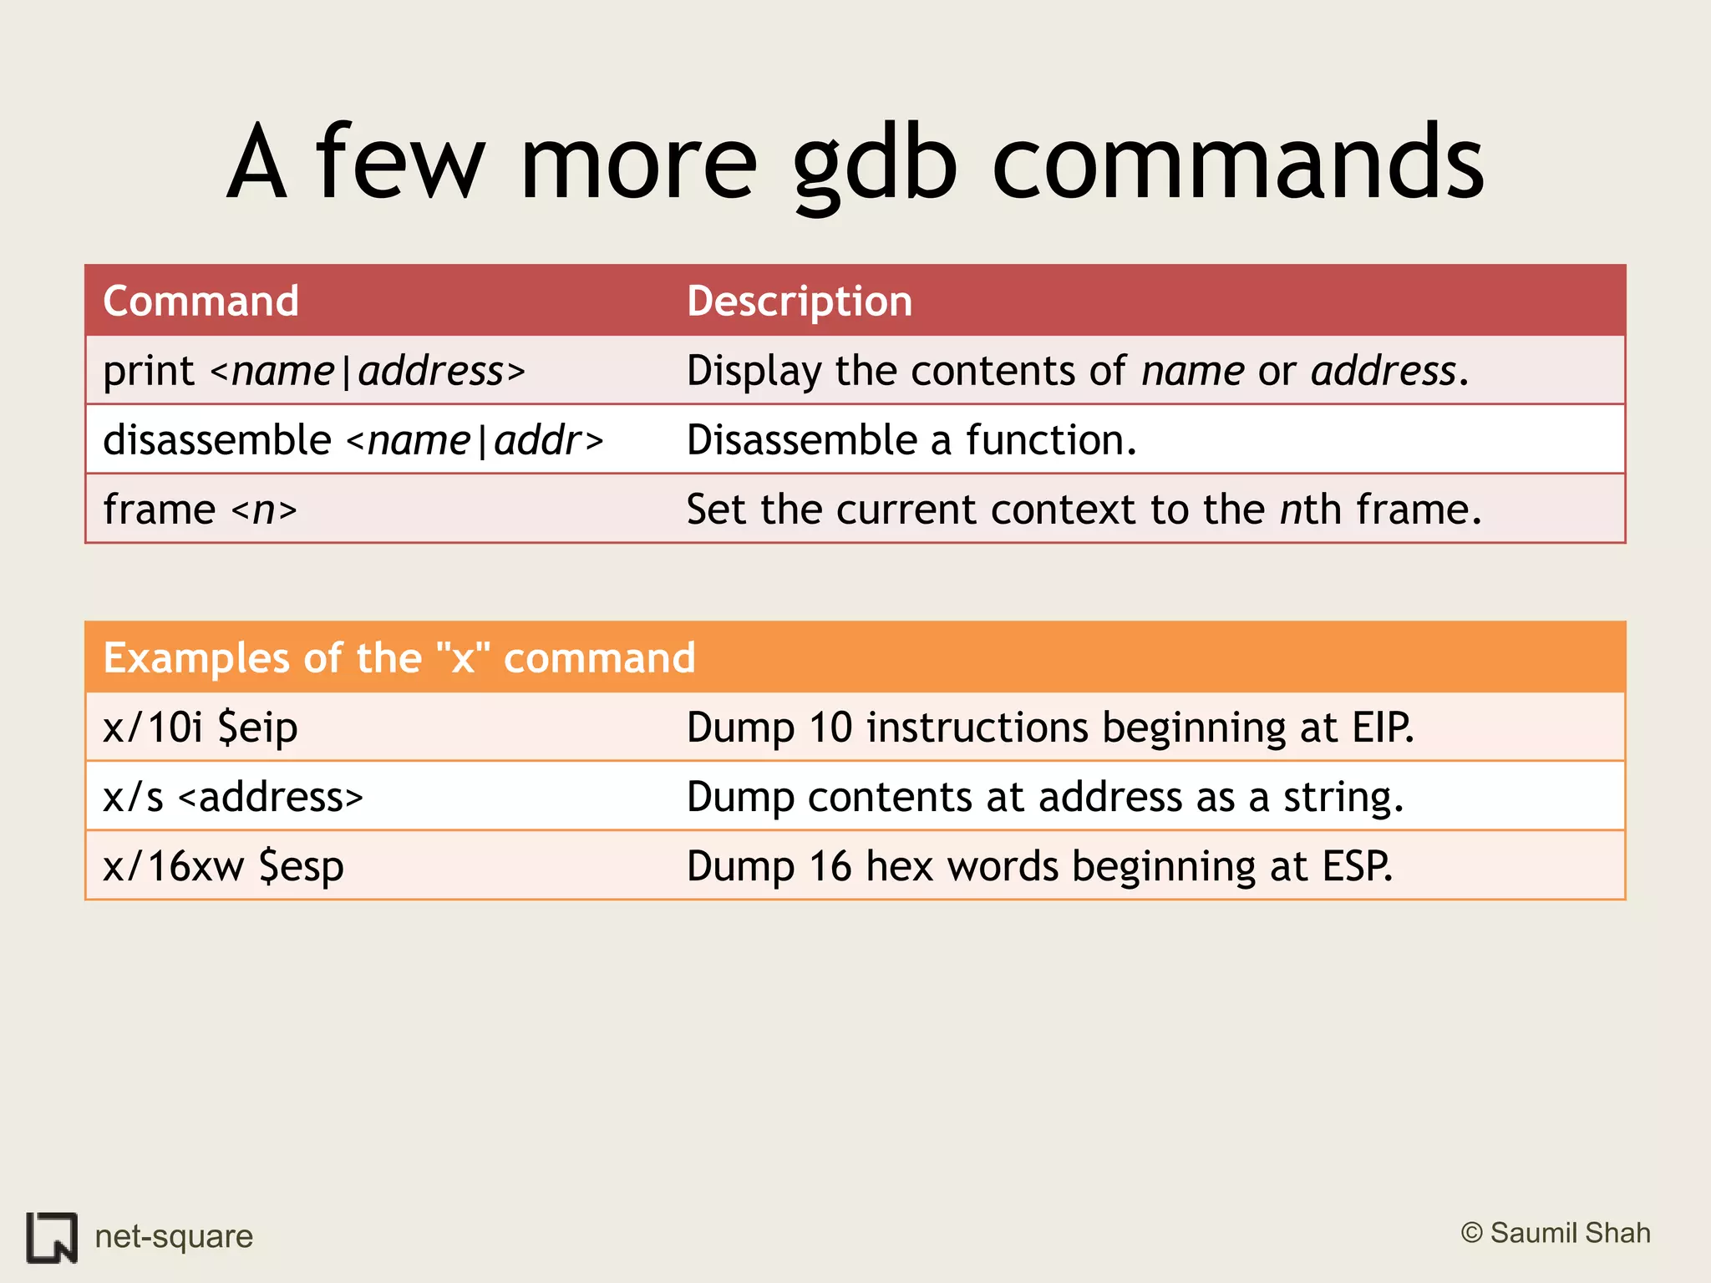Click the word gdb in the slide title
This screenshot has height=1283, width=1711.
tap(874, 163)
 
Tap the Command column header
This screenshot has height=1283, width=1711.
tap(201, 301)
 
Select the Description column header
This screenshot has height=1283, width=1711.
tap(799, 301)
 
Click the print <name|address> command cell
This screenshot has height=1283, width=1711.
tap(314, 371)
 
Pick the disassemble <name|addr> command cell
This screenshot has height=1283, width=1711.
tap(353, 440)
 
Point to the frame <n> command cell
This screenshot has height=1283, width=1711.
tap(200, 510)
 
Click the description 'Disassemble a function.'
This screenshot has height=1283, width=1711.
tap(911, 440)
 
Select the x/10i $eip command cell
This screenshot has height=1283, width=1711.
tap(201, 728)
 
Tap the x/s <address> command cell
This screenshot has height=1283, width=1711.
tap(233, 797)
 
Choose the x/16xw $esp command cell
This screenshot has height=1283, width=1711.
tap(223, 866)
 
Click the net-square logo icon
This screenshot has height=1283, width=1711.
tap(52, 1237)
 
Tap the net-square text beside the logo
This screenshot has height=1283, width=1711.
tap(174, 1236)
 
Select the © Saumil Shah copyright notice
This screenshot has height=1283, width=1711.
tap(1556, 1233)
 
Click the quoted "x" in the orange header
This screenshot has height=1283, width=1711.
tap(463, 657)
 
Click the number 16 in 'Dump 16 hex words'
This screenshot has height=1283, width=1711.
tap(830, 866)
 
